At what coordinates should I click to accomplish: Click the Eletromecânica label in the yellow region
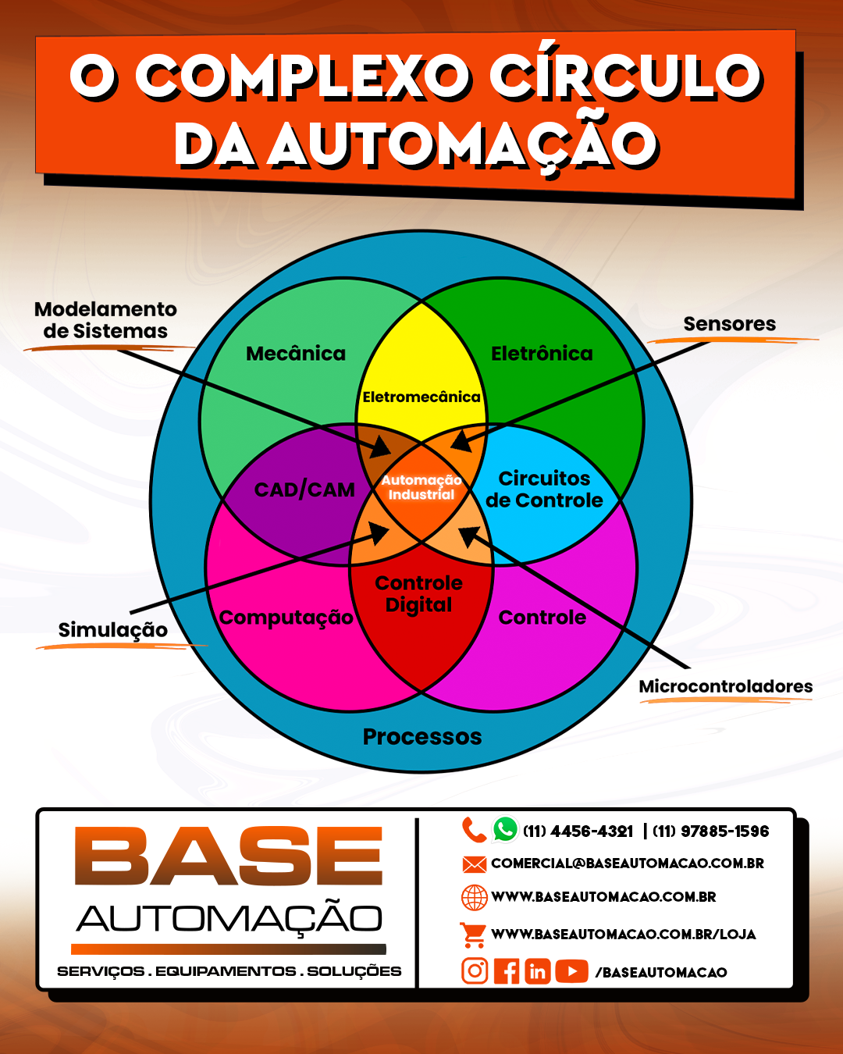tap(421, 397)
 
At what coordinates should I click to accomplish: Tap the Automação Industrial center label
tap(421, 487)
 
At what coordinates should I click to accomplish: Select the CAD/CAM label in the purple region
tap(304, 490)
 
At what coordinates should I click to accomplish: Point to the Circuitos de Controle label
tap(544, 489)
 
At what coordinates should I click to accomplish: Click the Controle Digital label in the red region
tap(419, 593)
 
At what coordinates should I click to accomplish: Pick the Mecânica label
tap(296, 354)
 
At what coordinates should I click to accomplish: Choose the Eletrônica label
tap(542, 354)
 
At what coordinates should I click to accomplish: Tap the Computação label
tap(286, 618)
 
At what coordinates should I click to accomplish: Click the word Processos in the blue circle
tap(422, 736)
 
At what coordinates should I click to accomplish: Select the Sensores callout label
tap(730, 324)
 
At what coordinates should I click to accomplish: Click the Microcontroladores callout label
tap(726, 686)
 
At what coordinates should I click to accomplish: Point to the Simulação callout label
tap(113, 630)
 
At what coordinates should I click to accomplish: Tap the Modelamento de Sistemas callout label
tap(105, 320)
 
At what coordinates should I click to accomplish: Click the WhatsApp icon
tap(505, 829)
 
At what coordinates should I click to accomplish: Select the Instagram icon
tap(475, 971)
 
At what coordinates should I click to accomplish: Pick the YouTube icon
tap(572, 971)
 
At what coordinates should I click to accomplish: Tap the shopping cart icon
tap(473, 934)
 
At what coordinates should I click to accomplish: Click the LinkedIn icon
tap(538, 971)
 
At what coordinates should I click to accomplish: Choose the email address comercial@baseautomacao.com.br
tap(628, 863)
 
